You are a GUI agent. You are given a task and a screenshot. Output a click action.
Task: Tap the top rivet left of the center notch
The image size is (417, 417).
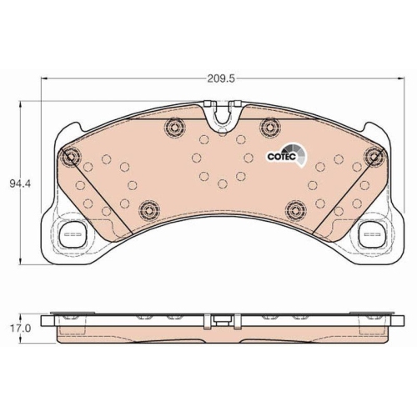(x=175, y=127)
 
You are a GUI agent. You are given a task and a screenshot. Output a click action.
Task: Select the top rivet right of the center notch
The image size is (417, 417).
(x=269, y=127)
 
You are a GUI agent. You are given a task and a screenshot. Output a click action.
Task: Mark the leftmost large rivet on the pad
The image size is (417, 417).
(x=70, y=156)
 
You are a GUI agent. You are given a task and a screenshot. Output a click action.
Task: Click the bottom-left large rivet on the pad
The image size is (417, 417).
(x=148, y=208)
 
